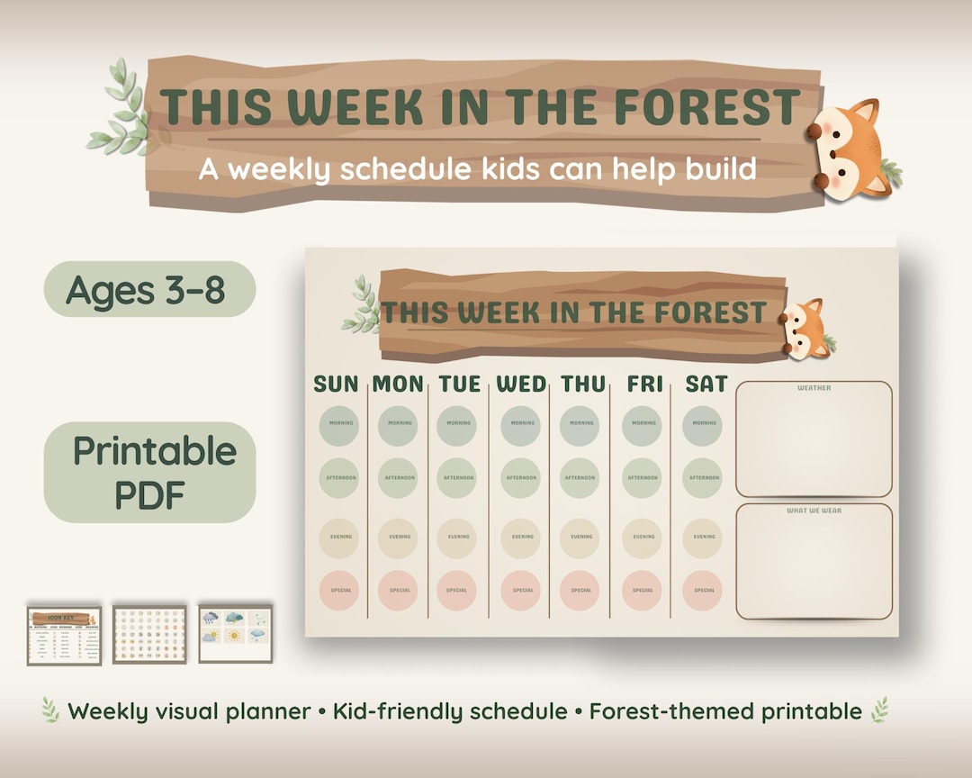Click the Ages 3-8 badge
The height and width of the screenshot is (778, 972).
pyautogui.click(x=149, y=290)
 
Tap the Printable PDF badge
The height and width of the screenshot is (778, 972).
pyautogui.click(x=149, y=472)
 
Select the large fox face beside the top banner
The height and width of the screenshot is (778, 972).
pyautogui.click(x=850, y=149)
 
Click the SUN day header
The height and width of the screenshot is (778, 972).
pyautogui.click(x=336, y=384)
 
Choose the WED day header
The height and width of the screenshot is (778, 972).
pyautogui.click(x=522, y=384)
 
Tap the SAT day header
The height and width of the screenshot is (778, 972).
pyautogui.click(x=706, y=384)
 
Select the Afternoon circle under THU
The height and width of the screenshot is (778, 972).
pyautogui.click(x=580, y=478)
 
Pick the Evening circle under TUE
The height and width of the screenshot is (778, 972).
pyautogui.click(x=457, y=538)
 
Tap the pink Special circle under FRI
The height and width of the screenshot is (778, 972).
pyautogui.click(x=643, y=591)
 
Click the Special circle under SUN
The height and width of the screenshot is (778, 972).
pyautogui.click(x=338, y=591)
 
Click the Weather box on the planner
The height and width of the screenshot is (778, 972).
pyautogui.click(x=814, y=439)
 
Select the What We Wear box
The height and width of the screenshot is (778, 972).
pyautogui.click(x=814, y=562)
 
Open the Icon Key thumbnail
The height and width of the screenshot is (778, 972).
pyautogui.click(x=64, y=635)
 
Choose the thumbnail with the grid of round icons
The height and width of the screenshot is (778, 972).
pyautogui.click(x=149, y=635)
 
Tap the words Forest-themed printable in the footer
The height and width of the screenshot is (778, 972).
pyautogui.click(x=725, y=711)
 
